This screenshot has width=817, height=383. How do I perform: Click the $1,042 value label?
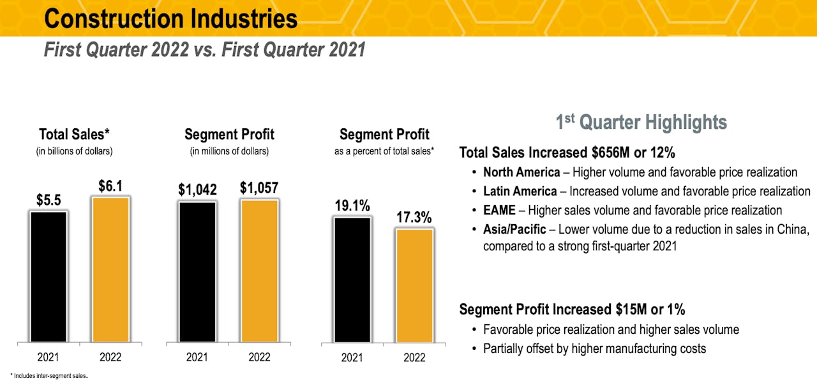[x=198, y=190]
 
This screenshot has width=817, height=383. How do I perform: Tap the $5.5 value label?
[x=48, y=200]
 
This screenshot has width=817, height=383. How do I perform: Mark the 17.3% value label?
[x=414, y=218]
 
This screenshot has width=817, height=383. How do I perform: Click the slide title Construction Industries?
[x=170, y=19]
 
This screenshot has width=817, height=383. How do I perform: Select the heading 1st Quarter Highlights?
[x=641, y=122]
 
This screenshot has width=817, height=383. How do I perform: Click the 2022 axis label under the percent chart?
[x=414, y=358]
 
